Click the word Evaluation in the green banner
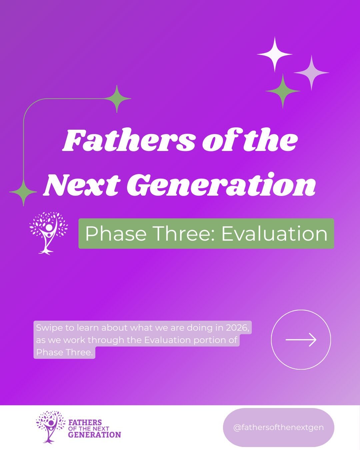point(274,234)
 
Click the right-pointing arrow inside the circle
point(301,340)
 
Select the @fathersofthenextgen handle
point(278,427)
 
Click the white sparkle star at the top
point(275,54)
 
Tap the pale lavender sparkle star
point(311,72)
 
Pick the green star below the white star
point(283,91)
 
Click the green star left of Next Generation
point(23,192)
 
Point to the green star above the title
point(117,99)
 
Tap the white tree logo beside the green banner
point(49,233)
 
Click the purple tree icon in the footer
point(50,427)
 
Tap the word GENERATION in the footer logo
point(94,435)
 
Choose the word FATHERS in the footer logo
point(85,422)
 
